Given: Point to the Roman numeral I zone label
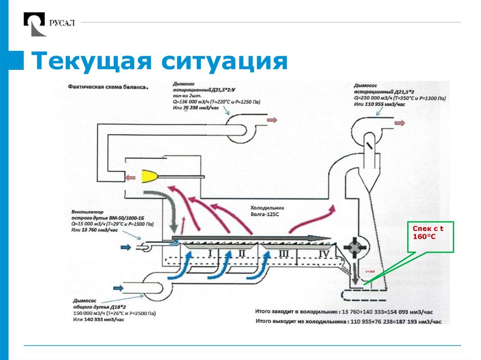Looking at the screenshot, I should coord(211,254).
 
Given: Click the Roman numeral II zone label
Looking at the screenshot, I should coord(242,254).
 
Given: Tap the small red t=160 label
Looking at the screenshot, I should coord(370,271).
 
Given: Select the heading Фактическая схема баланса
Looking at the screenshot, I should coord(108,87).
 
